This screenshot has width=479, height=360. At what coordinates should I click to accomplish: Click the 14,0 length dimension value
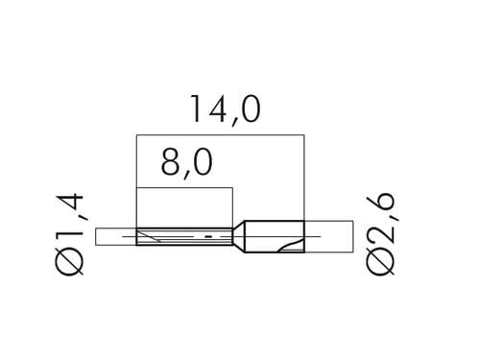tap(226, 109)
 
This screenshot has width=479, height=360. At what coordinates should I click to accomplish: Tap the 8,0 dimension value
tap(187, 163)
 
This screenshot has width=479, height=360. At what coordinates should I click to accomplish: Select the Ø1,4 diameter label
tap(69, 234)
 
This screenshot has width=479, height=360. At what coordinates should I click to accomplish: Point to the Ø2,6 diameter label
tap(381, 234)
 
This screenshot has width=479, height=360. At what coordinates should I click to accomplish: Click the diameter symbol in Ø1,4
tap(69, 262)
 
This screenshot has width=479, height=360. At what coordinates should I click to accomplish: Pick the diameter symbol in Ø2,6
tap(381, 262)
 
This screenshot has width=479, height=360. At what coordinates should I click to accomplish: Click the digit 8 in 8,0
tap(170, 162)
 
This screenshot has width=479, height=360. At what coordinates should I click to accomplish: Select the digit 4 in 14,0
tap(216, 109)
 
